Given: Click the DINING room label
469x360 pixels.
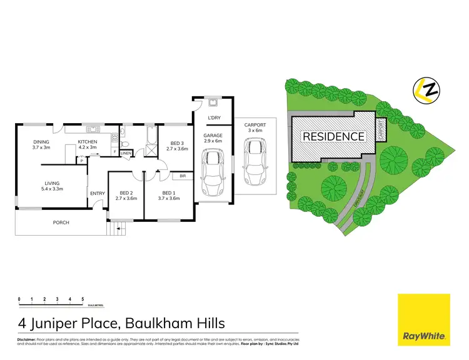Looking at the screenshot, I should coord(41,142).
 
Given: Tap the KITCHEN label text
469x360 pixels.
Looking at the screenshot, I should coord(87,142).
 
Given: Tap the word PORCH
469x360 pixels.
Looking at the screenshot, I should coord(61,222).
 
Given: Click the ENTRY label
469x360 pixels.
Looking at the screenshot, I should coord(98,194).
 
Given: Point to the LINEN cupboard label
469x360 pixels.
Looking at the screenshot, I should coord(126,152).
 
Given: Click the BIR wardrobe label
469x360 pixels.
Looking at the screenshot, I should coord(184,176).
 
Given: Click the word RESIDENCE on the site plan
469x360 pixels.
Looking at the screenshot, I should coord(333,136).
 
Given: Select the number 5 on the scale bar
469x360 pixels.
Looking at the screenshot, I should coord(83,300).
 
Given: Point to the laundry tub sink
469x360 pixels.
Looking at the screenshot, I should coord(213,102).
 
